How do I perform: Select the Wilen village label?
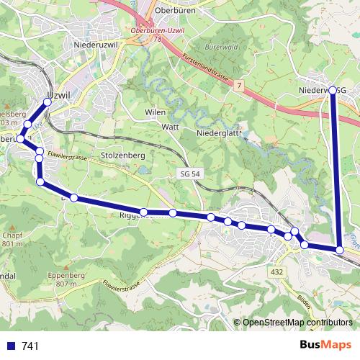coord(155,113)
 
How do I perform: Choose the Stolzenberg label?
coord(123,155)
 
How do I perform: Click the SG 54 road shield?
coord(188,175)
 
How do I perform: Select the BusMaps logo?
coord(325,345)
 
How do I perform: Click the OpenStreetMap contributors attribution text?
coord(297,323)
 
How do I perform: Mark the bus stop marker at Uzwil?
coord(48,102)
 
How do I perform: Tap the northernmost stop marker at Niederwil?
coord(333,90)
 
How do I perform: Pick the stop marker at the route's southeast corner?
coord(340,250)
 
